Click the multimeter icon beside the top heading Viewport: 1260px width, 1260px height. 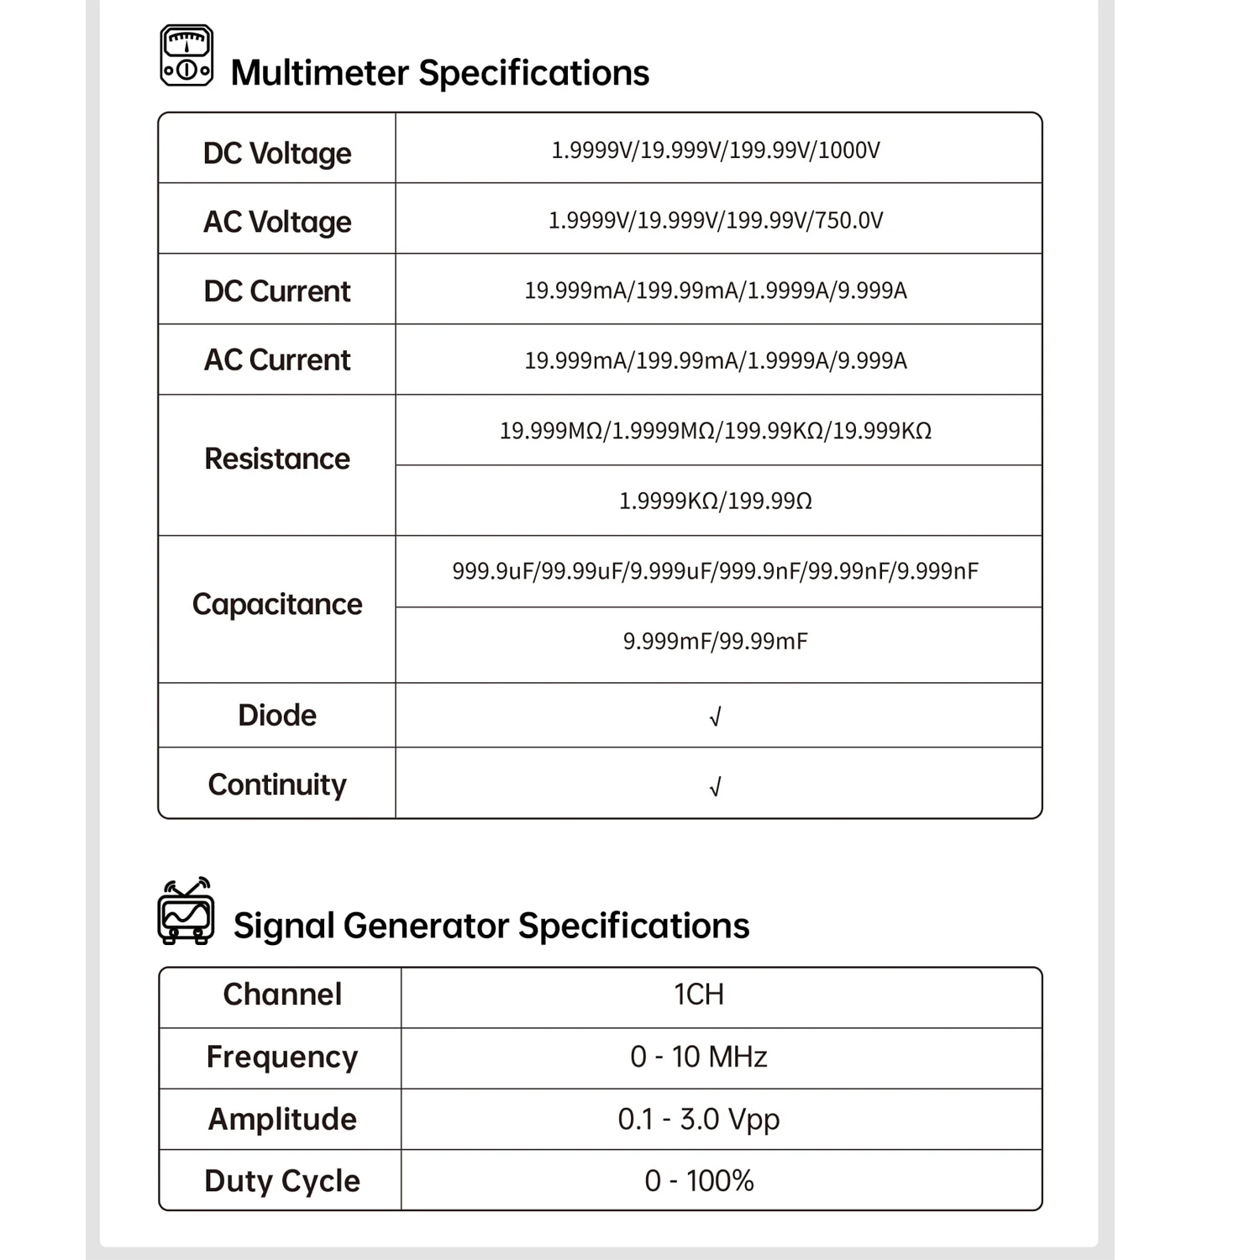click(x=186, y=56)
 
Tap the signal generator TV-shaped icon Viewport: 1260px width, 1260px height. click(x=186, y=912)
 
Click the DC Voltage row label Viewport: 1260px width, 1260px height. click(x=277, y=154)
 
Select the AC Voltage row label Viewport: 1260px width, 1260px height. click(x=277, y=222)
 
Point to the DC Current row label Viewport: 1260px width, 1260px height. click(x=277, y=291)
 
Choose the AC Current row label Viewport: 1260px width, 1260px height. click(x=277, y=360)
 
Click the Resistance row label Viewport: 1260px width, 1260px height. click(x=277, y=459)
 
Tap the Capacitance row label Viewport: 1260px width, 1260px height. click(x=277, y=605)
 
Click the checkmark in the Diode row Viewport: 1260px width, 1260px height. click(x=716, y=717)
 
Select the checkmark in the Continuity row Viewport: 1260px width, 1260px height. click(x=716, y=787)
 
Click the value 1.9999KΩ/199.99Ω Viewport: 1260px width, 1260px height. click(x=716, y=501)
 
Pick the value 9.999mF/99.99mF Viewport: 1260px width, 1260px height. click(x=716, y=642)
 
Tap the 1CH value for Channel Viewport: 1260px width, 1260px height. click(x=699, y=995)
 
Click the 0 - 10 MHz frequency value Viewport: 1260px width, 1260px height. click(x=699, y=1057)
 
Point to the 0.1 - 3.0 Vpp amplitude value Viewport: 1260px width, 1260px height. click(x=699, y=1120)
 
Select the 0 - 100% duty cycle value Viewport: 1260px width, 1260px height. click(x=699, y=1181)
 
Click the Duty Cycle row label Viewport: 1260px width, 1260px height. click(x=282, y=1181)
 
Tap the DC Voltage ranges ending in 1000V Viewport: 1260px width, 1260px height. click(x=716, y=150)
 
